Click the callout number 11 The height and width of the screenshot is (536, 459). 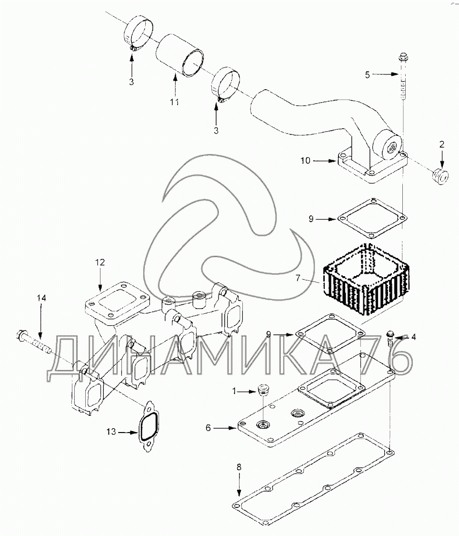click(175, 103)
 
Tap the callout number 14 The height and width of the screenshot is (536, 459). click(41, 298)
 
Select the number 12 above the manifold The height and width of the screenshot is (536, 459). click(100, 262)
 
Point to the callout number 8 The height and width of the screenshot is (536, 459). click(239, 467)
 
